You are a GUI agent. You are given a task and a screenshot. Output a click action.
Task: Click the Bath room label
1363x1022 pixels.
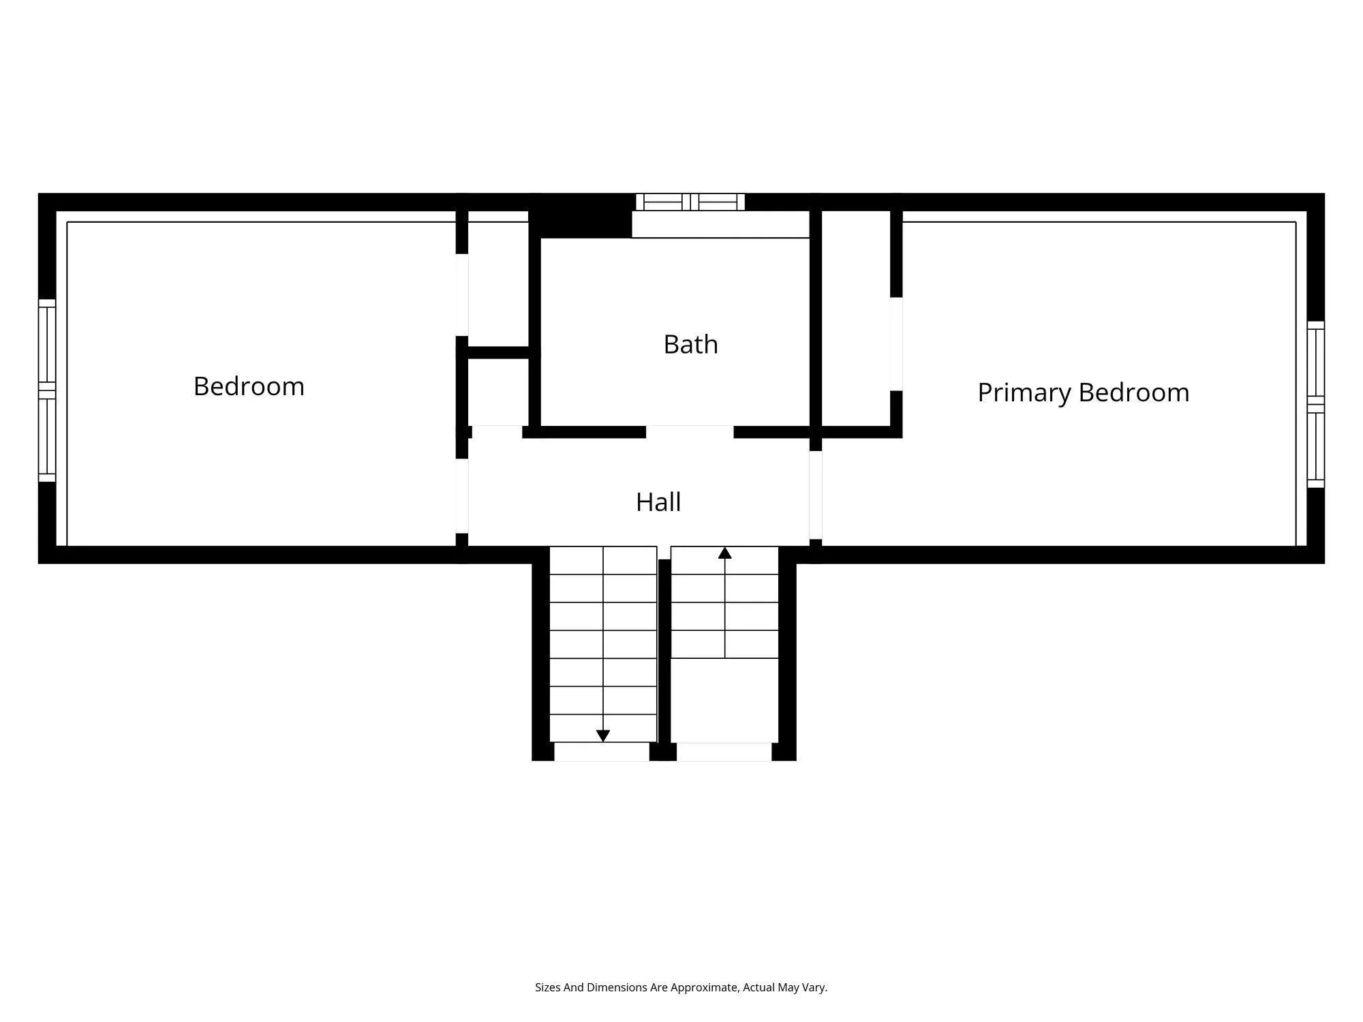690,345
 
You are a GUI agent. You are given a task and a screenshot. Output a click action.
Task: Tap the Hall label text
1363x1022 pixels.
658,503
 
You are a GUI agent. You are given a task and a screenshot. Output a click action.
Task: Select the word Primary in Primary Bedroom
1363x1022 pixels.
1024,393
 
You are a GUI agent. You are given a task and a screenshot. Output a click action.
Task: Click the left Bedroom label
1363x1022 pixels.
249,386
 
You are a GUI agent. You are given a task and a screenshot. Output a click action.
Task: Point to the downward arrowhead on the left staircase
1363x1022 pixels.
603,736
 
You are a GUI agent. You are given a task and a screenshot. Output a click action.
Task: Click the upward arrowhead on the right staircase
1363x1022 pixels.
725,553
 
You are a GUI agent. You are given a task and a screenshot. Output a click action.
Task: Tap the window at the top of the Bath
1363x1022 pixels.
690,202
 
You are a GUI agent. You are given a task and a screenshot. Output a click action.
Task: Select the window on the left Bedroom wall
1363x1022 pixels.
46,390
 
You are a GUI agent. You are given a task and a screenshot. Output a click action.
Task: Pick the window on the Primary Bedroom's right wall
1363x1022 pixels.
1315,405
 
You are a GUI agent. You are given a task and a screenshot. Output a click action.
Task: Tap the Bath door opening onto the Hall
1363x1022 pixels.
690,432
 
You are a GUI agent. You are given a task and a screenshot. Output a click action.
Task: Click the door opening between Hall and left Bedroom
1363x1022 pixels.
462,495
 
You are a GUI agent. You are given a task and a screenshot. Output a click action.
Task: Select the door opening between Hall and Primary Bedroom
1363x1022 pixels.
816,495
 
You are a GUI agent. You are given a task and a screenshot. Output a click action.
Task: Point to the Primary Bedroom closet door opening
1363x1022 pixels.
896,344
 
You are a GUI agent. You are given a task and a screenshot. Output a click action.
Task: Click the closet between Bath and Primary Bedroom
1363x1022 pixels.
856,317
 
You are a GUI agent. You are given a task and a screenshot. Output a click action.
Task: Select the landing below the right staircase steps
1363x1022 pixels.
724,700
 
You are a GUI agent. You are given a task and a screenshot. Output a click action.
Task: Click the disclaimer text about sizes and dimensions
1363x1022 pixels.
681,987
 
